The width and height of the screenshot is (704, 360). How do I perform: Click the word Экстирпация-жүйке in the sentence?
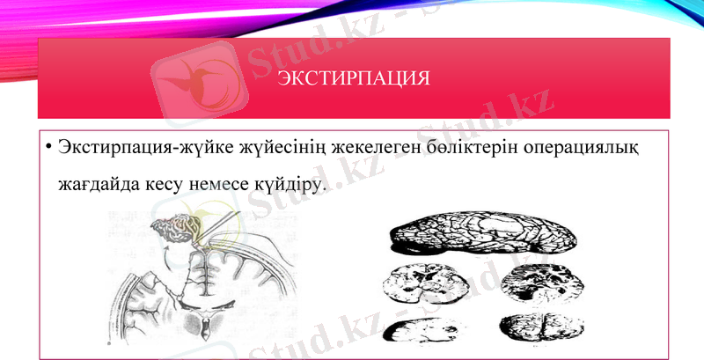click(121, 148)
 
